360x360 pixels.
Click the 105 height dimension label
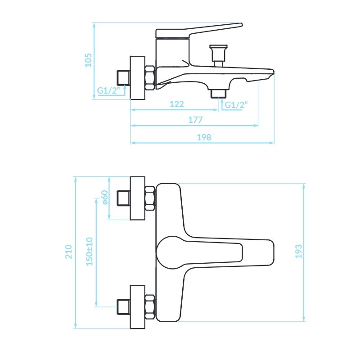pos(88,60)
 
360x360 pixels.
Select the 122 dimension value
pos(176,104)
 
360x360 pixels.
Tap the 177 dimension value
pos(195,120)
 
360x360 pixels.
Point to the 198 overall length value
pos(204,137)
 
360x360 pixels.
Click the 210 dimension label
pos(69,252)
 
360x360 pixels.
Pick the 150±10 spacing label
pos(89,252)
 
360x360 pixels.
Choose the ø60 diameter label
pos(104,198)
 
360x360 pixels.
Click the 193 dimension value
pos(298,252)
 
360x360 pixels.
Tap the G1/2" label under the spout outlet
pos(236,105)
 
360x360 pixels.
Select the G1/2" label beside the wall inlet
pos(108,90)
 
